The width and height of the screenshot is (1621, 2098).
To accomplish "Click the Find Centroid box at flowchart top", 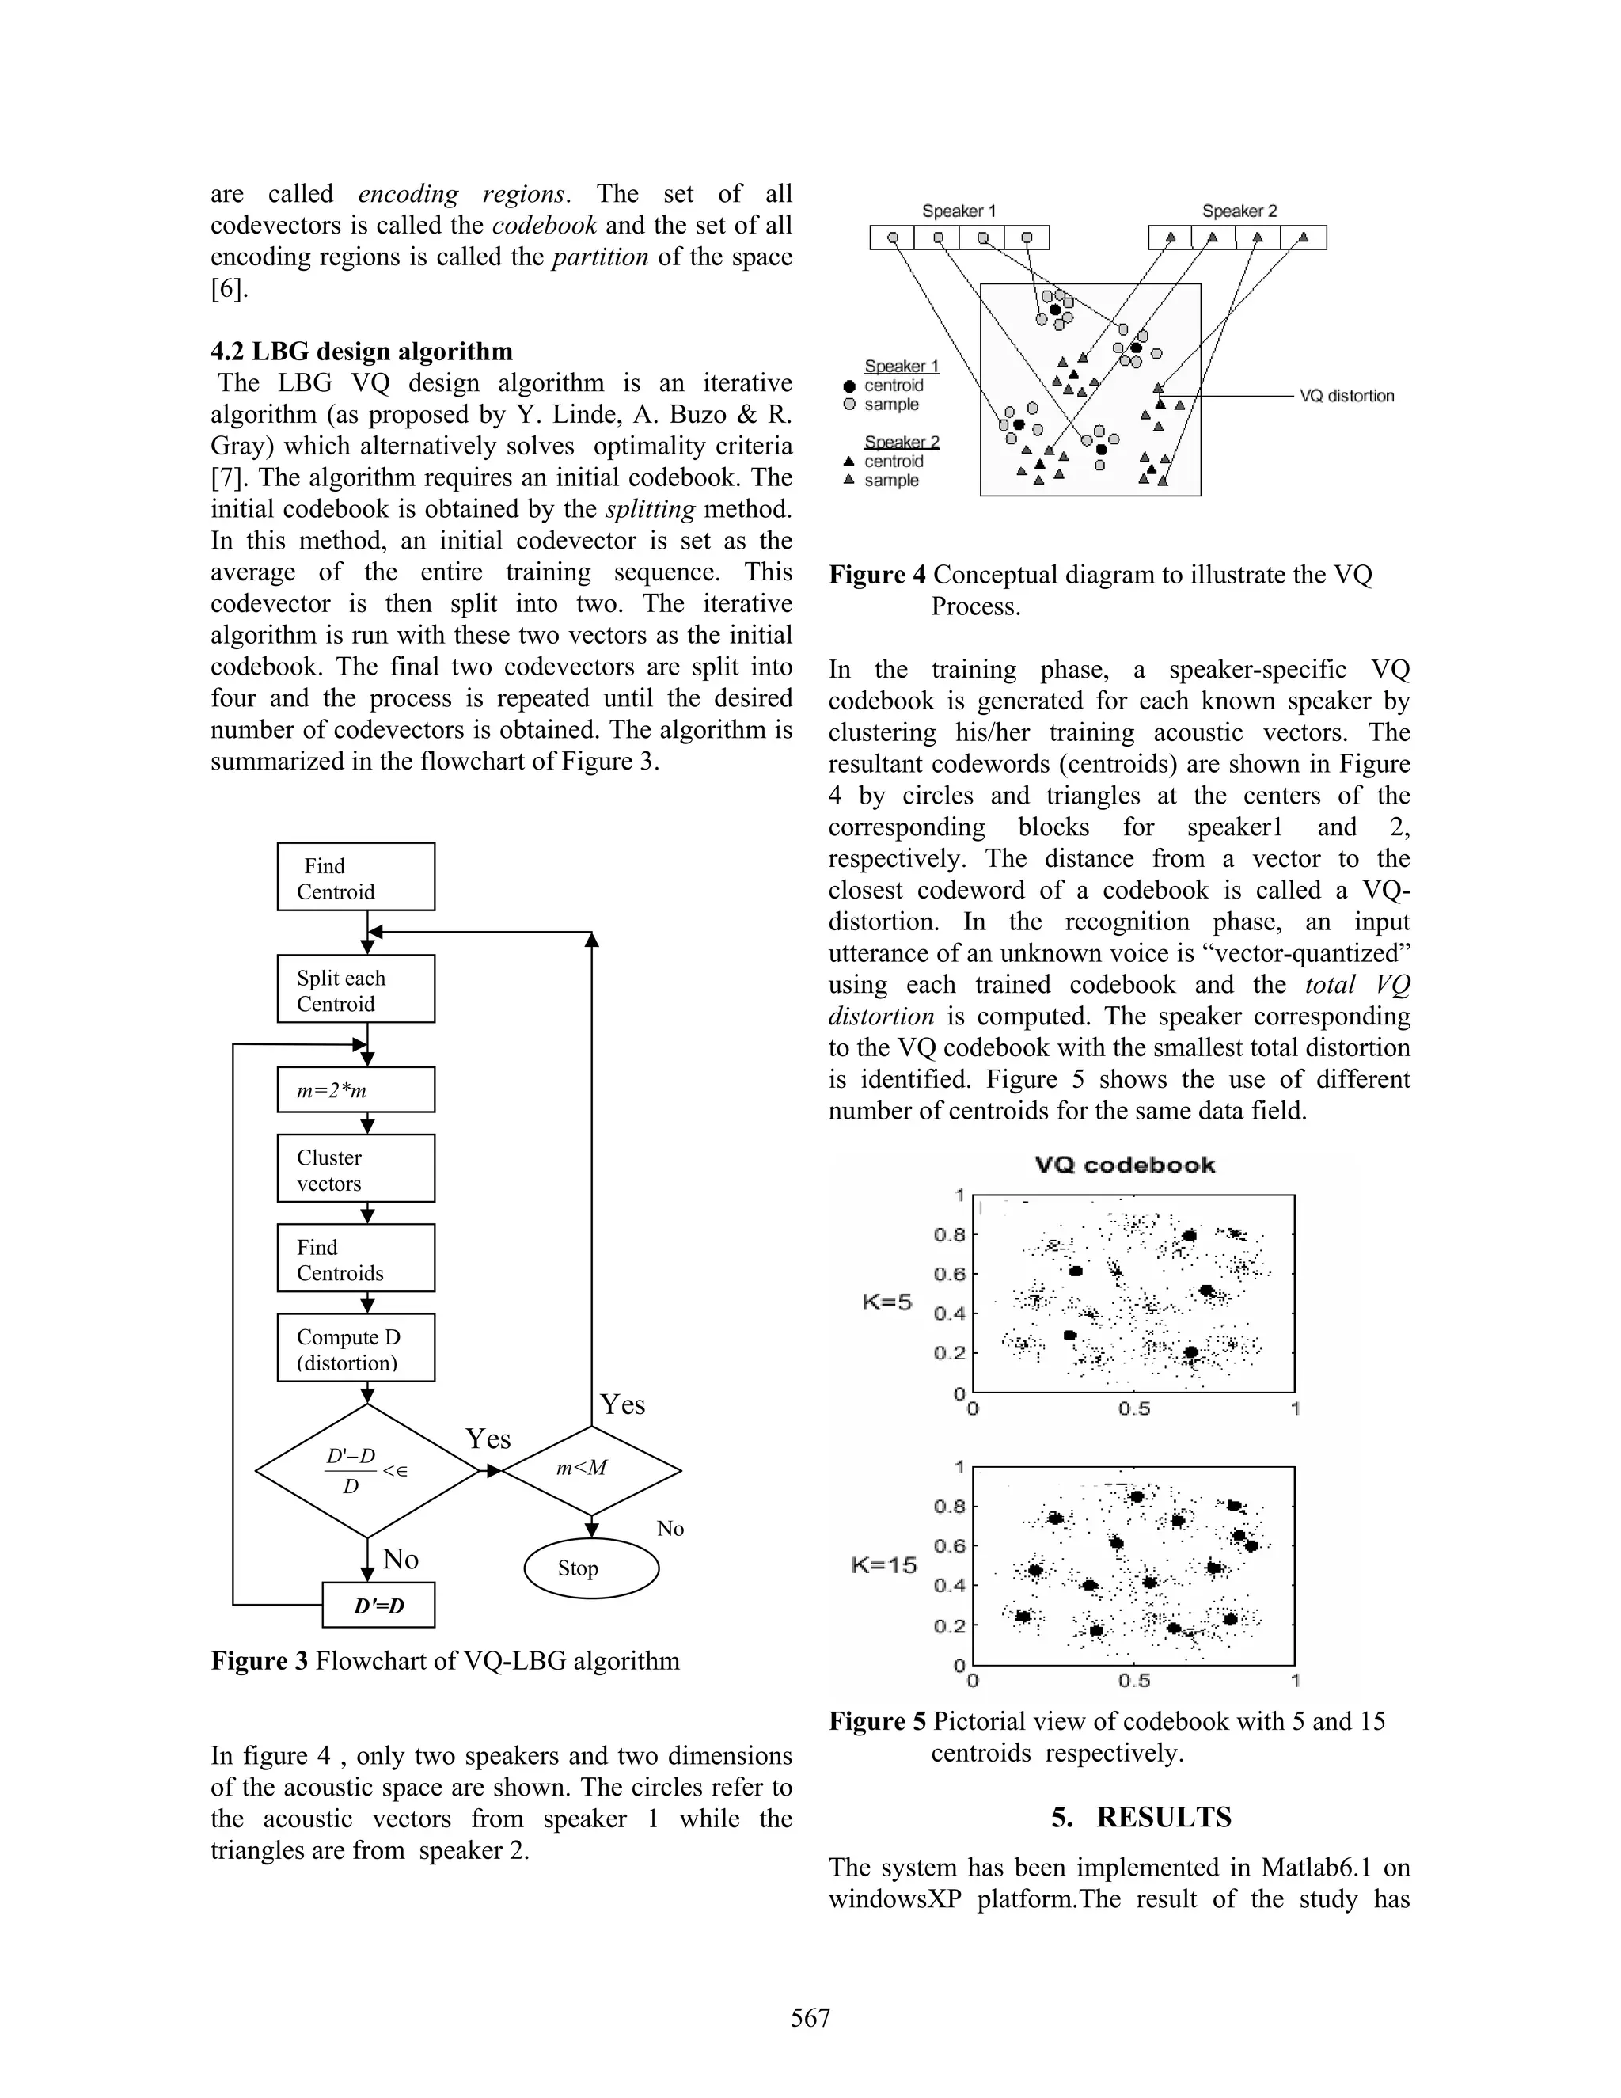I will point(355,877).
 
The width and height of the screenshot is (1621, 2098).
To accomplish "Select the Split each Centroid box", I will point(355,990).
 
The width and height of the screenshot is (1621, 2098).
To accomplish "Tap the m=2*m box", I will point(355,1090).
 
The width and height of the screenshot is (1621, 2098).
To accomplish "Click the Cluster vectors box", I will point(355,1169).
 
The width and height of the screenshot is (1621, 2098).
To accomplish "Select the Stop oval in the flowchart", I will point(590,1568).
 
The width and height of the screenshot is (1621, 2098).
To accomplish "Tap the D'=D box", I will point(378,1606).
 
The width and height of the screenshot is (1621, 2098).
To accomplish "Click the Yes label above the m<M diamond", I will point(622,1405).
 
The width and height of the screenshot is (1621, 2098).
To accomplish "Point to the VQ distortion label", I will point(1346,396).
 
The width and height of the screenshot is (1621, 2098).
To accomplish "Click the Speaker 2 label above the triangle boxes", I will point(1239,211).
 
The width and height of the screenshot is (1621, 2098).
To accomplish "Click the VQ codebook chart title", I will point(1125,1165).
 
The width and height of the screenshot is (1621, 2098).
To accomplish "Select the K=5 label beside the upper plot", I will point(886,1302).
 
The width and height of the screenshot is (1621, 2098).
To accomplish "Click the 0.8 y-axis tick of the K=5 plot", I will point(949,1234).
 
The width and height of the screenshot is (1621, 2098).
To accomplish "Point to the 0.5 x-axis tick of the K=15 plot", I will point(1133,1681).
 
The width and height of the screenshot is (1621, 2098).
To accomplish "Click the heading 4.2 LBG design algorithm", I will point(361,352).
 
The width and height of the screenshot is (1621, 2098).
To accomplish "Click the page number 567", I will point(810,2018).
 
